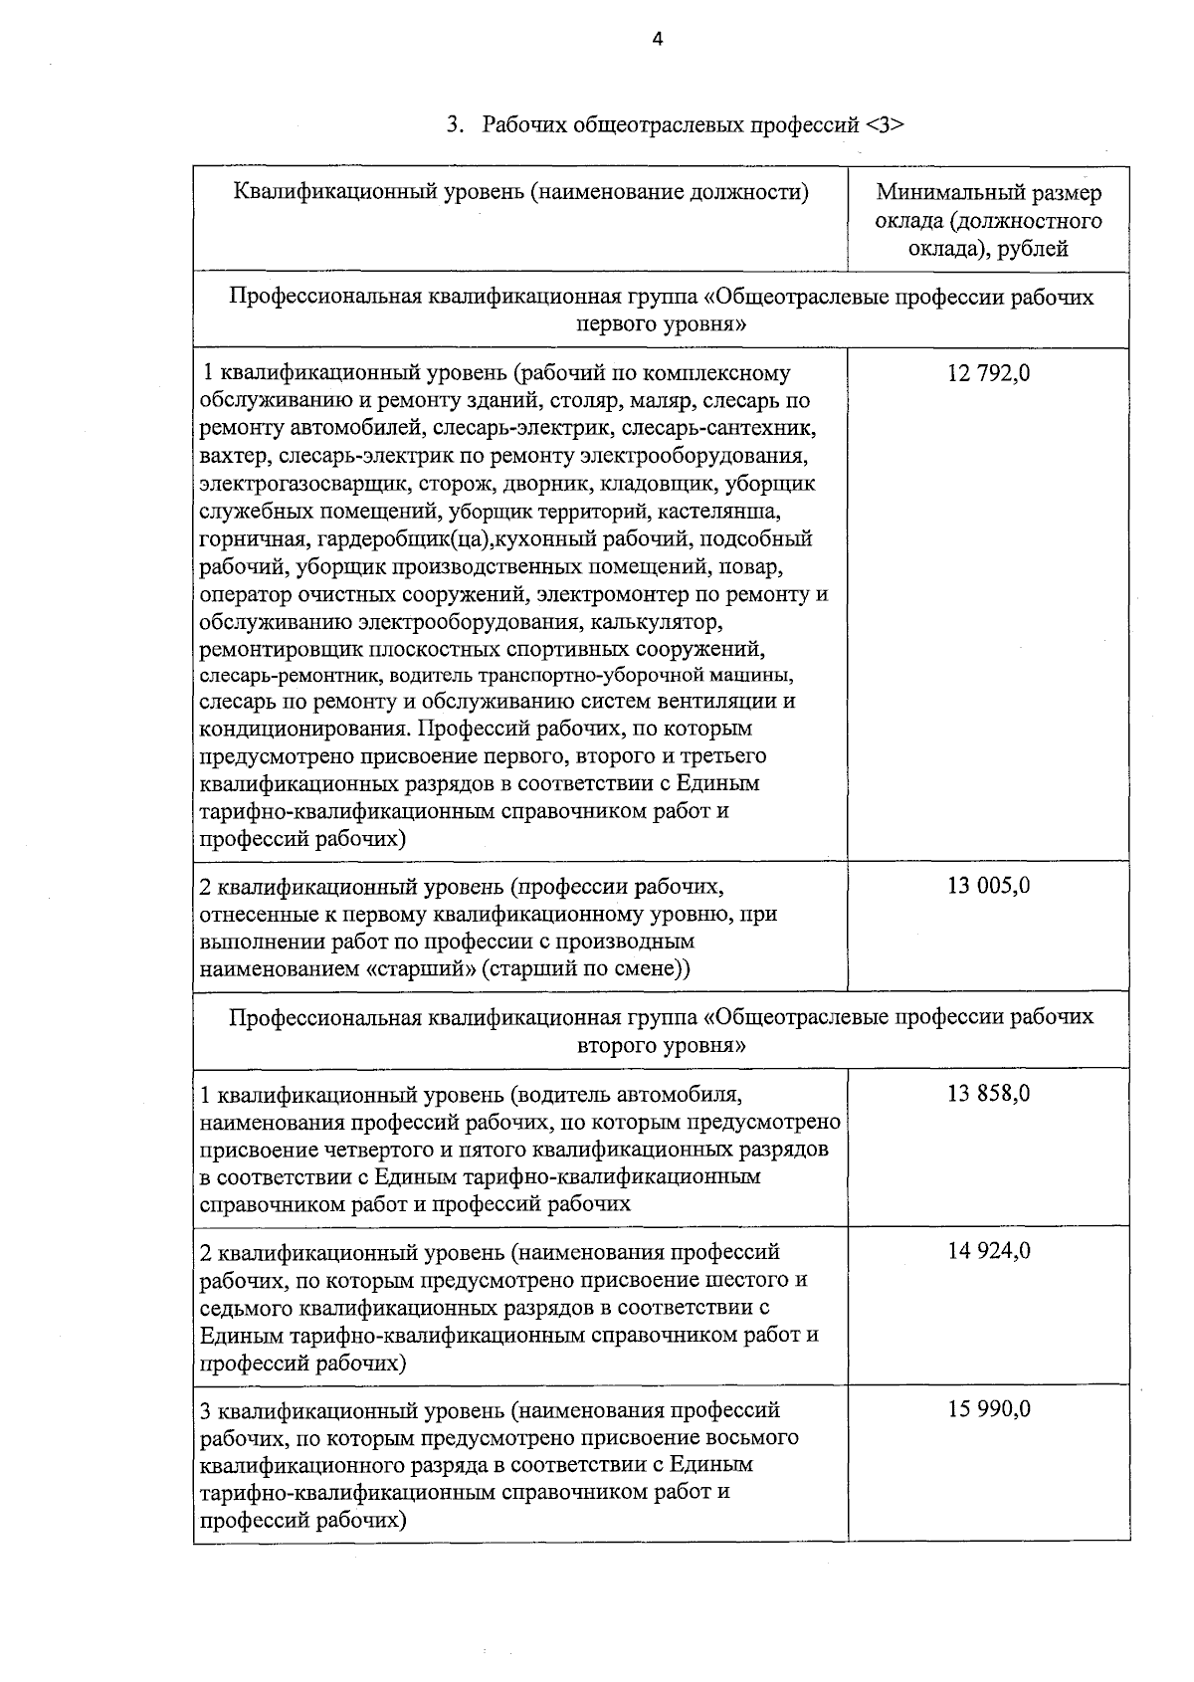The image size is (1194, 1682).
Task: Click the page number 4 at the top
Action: pos(657,39)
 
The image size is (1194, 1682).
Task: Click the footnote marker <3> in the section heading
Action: pos(885,125)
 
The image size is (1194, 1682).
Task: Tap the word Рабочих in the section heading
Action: pos(525,125)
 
